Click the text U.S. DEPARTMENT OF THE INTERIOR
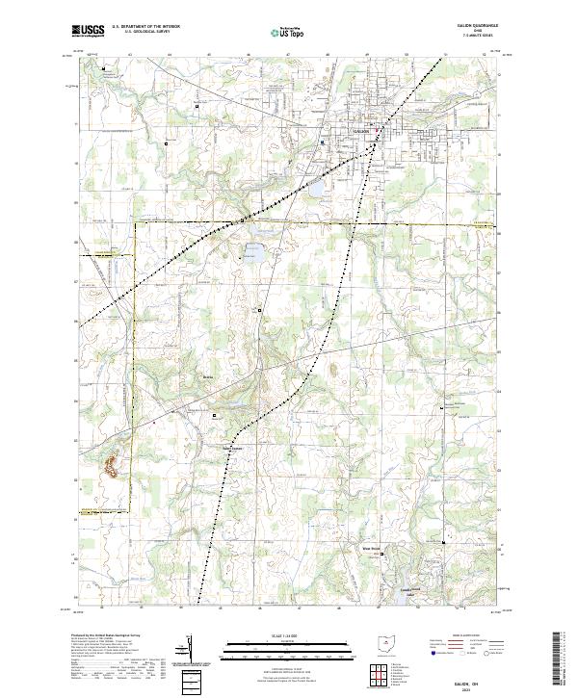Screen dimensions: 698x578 (x=145, y=27)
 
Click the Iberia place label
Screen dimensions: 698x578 (x=206, y=376)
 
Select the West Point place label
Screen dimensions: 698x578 (x=372, y=550)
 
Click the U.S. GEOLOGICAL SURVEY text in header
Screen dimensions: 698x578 (x=138, y=33)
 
